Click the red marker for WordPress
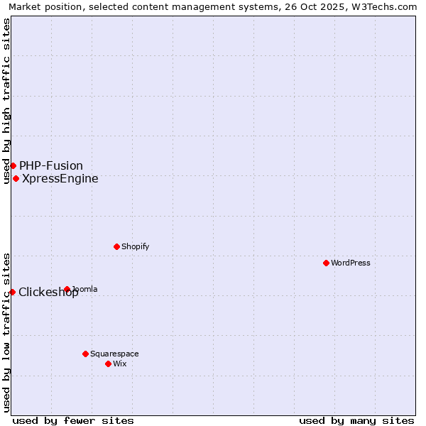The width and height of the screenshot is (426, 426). pos(326,263)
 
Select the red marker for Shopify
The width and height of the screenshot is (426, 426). pos(116,246)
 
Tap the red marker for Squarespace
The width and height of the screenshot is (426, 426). pos(85,354)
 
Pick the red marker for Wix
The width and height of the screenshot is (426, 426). pos(108,364)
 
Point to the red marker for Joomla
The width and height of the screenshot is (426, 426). pos(67,289)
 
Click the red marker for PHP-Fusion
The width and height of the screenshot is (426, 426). pos(13,165)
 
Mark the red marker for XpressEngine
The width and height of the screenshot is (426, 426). pos(16,178)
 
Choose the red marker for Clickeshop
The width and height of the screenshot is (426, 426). pos(12,292)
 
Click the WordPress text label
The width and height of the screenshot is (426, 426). pos(351,263)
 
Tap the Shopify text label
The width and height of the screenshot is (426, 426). pos(135,246)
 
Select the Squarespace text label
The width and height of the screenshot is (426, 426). pos(114,354)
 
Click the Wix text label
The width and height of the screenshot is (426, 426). pos(120,364)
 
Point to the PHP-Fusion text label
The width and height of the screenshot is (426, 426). pos(51,165)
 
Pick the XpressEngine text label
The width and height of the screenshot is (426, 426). pos(60,178)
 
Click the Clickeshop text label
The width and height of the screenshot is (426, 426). pos(48,292)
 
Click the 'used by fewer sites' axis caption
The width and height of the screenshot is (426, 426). pos(73,420)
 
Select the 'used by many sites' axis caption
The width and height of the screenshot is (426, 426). pos(356,420)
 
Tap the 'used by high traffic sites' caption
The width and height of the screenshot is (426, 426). pos(6,101)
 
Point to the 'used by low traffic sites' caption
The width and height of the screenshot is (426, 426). pos(6,332)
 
